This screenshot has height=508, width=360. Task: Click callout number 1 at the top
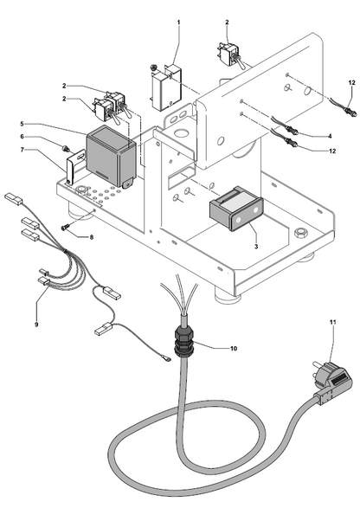(178, 22)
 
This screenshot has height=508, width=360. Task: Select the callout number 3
(256, 247)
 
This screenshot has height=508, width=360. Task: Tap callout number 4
(330, 137)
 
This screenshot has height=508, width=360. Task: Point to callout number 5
(22, 124)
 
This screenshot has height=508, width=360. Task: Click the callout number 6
(22, 137)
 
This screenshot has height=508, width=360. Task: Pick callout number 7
(22, 150)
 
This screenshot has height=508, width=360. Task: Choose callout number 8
(92, 237)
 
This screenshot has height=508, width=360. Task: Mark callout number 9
(36, 325)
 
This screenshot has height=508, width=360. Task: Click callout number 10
(234, 348)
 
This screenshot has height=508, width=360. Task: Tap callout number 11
(333, 322)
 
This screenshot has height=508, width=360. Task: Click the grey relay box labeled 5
(111, 157)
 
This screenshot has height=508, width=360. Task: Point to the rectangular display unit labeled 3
(235, 209)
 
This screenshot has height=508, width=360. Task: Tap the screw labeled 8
(66, 228)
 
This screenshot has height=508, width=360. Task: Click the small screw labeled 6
(66, 149)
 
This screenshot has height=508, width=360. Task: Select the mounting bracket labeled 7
(74, 168)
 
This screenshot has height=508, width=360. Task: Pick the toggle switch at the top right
(230, 55)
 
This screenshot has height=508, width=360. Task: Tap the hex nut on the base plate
(299, 234)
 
